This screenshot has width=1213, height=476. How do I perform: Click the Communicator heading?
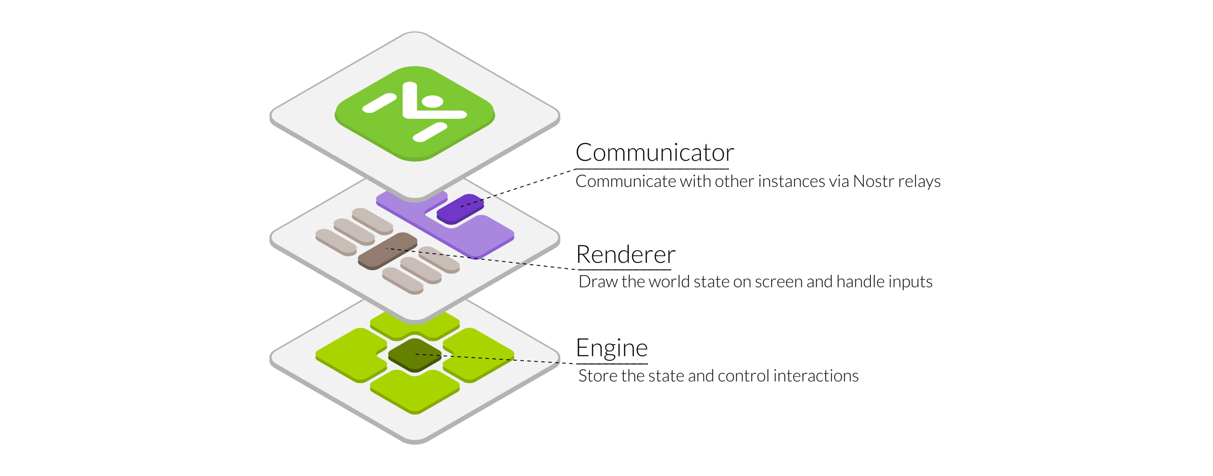(x=655, y=153)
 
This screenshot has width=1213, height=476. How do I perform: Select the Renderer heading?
(x=626, y=254)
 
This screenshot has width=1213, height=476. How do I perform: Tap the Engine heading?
(x=612, y=348)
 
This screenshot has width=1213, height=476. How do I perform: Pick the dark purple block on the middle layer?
(x=460, y=208)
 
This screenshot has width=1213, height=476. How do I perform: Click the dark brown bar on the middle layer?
(x=388, y=251)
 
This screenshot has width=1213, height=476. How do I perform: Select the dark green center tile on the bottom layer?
(x=415, y=355)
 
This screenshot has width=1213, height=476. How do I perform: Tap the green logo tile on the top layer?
(x=415, y=114)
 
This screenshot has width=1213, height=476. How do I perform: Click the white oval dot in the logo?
(x=433, y=102)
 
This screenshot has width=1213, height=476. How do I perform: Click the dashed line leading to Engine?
(x=495, y=359)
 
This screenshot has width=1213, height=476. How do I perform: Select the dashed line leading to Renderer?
(x=481, y=259)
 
